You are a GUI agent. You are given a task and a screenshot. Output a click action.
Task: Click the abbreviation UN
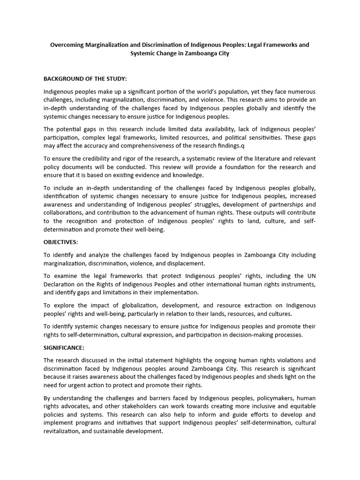click(x=310, y=277)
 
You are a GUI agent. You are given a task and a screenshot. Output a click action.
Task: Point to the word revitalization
click(x=63, y=432)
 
